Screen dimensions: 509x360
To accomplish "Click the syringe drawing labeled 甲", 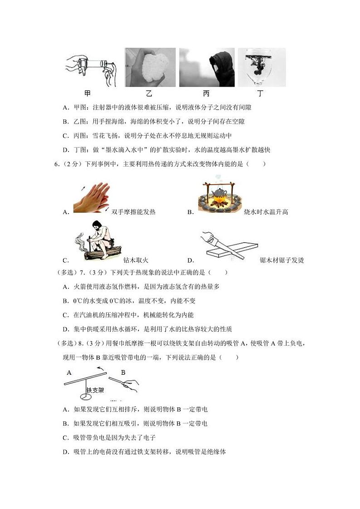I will point(91,69).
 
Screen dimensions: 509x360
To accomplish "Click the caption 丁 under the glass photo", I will point(260,93).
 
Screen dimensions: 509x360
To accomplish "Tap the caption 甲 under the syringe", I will point(88,93).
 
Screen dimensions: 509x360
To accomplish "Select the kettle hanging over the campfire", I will point(221,192).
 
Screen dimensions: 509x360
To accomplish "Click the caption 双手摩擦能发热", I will point(136,212).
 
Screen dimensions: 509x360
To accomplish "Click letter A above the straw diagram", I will point(69,372).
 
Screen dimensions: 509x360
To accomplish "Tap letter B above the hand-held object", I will point(122,372).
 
